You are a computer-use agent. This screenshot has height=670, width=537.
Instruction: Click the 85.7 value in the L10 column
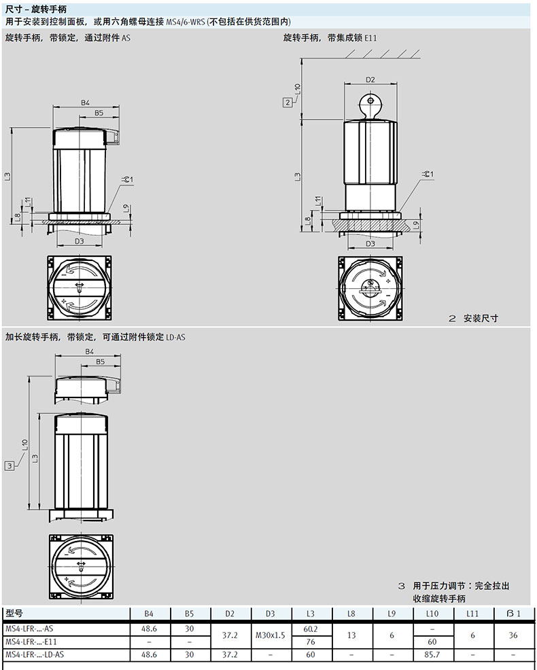(432, 654)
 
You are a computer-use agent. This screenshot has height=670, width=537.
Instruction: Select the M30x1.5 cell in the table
(271, 635)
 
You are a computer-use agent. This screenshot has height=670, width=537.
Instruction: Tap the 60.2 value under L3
(311, 629)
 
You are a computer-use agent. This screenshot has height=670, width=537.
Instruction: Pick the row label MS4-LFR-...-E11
(31, 641)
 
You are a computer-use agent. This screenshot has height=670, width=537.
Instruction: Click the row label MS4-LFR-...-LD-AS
(35, 654)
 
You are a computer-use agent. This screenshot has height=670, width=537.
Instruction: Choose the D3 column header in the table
(271, 614)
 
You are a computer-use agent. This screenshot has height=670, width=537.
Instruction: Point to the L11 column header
(472, 614)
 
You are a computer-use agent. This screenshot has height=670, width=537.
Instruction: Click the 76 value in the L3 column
(311, 641)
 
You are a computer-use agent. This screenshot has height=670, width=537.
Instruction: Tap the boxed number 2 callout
(288, 102)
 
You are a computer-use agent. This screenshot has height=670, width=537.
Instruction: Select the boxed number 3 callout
(10, 465)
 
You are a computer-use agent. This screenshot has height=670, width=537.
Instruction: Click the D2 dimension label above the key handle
(370, 80)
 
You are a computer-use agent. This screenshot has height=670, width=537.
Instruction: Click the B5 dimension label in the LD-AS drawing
(100, 362)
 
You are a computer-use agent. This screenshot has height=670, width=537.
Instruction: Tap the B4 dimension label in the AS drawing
(86, 103)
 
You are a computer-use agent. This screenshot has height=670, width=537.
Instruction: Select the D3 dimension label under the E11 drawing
(370, 243)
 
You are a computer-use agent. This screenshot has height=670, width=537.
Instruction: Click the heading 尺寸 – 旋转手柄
(36, 9)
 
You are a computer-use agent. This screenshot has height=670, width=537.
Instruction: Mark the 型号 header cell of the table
(14, 614)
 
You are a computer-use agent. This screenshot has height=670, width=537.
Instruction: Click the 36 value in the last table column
(513, 635)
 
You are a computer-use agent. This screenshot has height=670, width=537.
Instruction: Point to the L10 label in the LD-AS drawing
(24, 445)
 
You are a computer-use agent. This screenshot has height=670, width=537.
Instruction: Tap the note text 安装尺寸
(481, 318)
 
